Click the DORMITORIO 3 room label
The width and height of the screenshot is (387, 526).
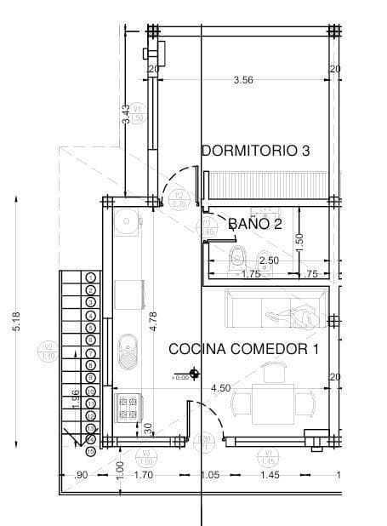(x=255, y=151)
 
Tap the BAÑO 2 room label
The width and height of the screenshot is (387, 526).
(x=255, y=224)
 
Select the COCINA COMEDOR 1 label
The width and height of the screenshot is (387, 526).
(x=243, y=349)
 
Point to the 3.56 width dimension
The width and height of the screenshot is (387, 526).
(x=243, y=81)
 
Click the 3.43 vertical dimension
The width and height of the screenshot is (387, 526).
(x=126, y=115)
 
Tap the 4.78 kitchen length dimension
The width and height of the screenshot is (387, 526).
(x=153, y=319)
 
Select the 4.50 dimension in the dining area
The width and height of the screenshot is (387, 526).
(x=219, y=388)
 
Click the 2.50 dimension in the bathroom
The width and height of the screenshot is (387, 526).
(x=268, y=260)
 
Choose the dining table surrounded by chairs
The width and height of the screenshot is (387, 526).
(x=274, y=401)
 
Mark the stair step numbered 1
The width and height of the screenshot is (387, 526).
(x=90, y=277)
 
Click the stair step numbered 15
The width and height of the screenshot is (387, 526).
(x=90, y=450)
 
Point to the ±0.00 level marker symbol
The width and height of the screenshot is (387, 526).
(x=195, y=373)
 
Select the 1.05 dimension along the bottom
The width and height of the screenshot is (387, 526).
(x=210, y=475)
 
